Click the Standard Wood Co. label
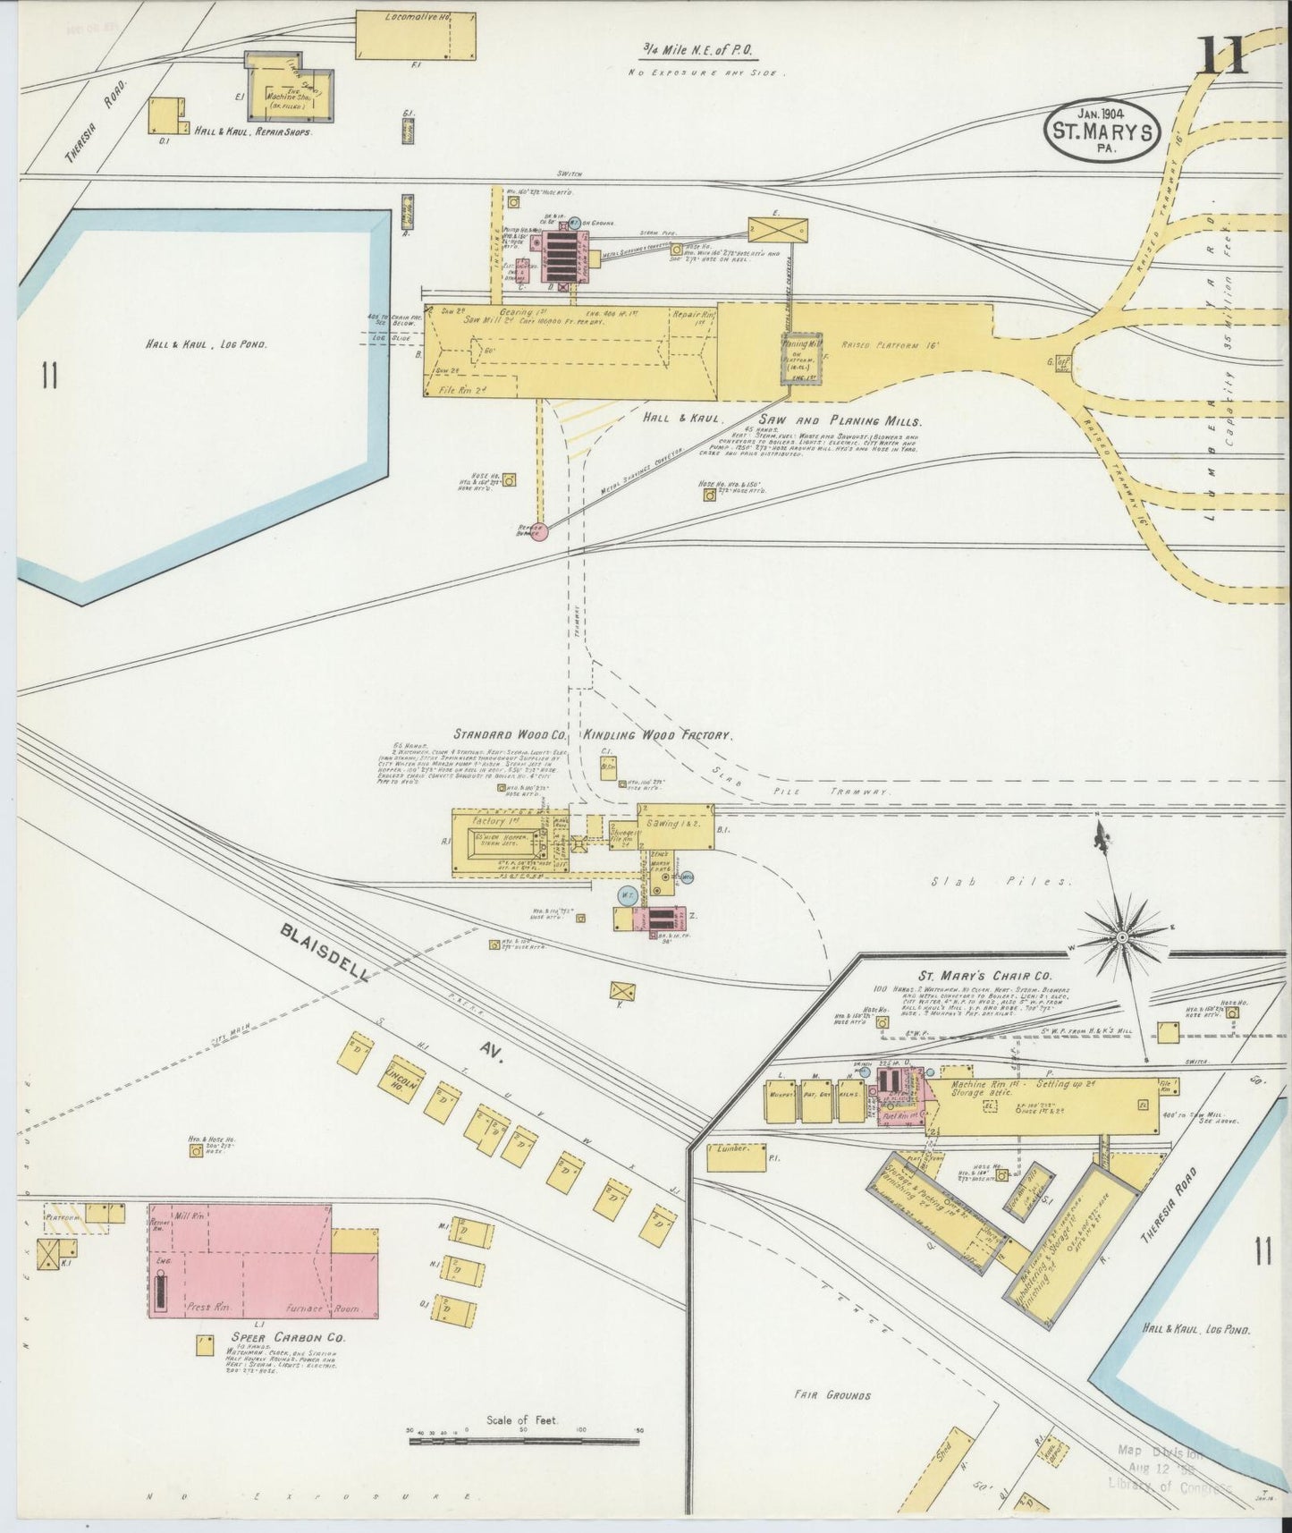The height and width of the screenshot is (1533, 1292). (510, 734)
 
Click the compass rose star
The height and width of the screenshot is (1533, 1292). (1121, 936)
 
